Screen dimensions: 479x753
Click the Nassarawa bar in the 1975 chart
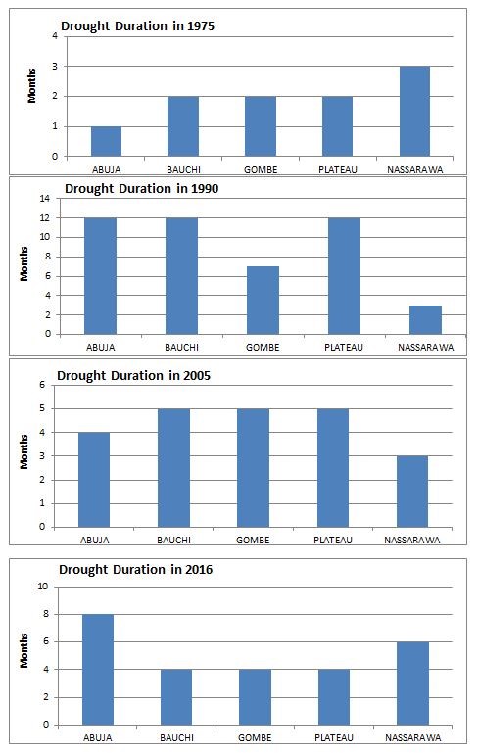coord(414,111)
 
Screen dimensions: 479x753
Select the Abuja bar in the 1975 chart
coord(106,141)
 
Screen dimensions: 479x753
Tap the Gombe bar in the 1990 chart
coord(263,301)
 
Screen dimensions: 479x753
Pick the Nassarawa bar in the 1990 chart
coord(425,320)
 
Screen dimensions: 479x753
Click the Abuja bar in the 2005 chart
coord(94,480)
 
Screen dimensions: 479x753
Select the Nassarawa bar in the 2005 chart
coord(412,492)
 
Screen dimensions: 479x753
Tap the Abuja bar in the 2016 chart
coord(98,670)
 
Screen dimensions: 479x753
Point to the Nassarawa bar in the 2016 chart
coord(412,683)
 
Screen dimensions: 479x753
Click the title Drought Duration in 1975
coord(137,25)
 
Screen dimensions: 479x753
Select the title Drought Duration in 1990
coord(142,189)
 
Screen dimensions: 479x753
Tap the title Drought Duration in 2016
coord(136,570)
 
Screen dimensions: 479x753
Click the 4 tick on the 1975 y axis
coord(55,36)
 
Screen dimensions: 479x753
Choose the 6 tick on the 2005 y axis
coord(42,385)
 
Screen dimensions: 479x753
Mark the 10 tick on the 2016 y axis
coord(43,587)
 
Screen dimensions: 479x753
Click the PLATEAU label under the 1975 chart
coord(338,170)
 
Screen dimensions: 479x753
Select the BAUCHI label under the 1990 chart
coord(181,348)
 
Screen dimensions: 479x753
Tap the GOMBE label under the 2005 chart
coord(253,541)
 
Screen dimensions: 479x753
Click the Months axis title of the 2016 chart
coord(24,651)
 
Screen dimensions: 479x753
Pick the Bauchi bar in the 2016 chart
coord(176,697)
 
